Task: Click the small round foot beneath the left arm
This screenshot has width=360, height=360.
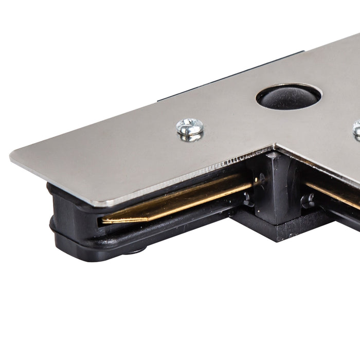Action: tap(136, 250)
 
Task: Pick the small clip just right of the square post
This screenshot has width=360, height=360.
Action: tap(309, 201)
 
